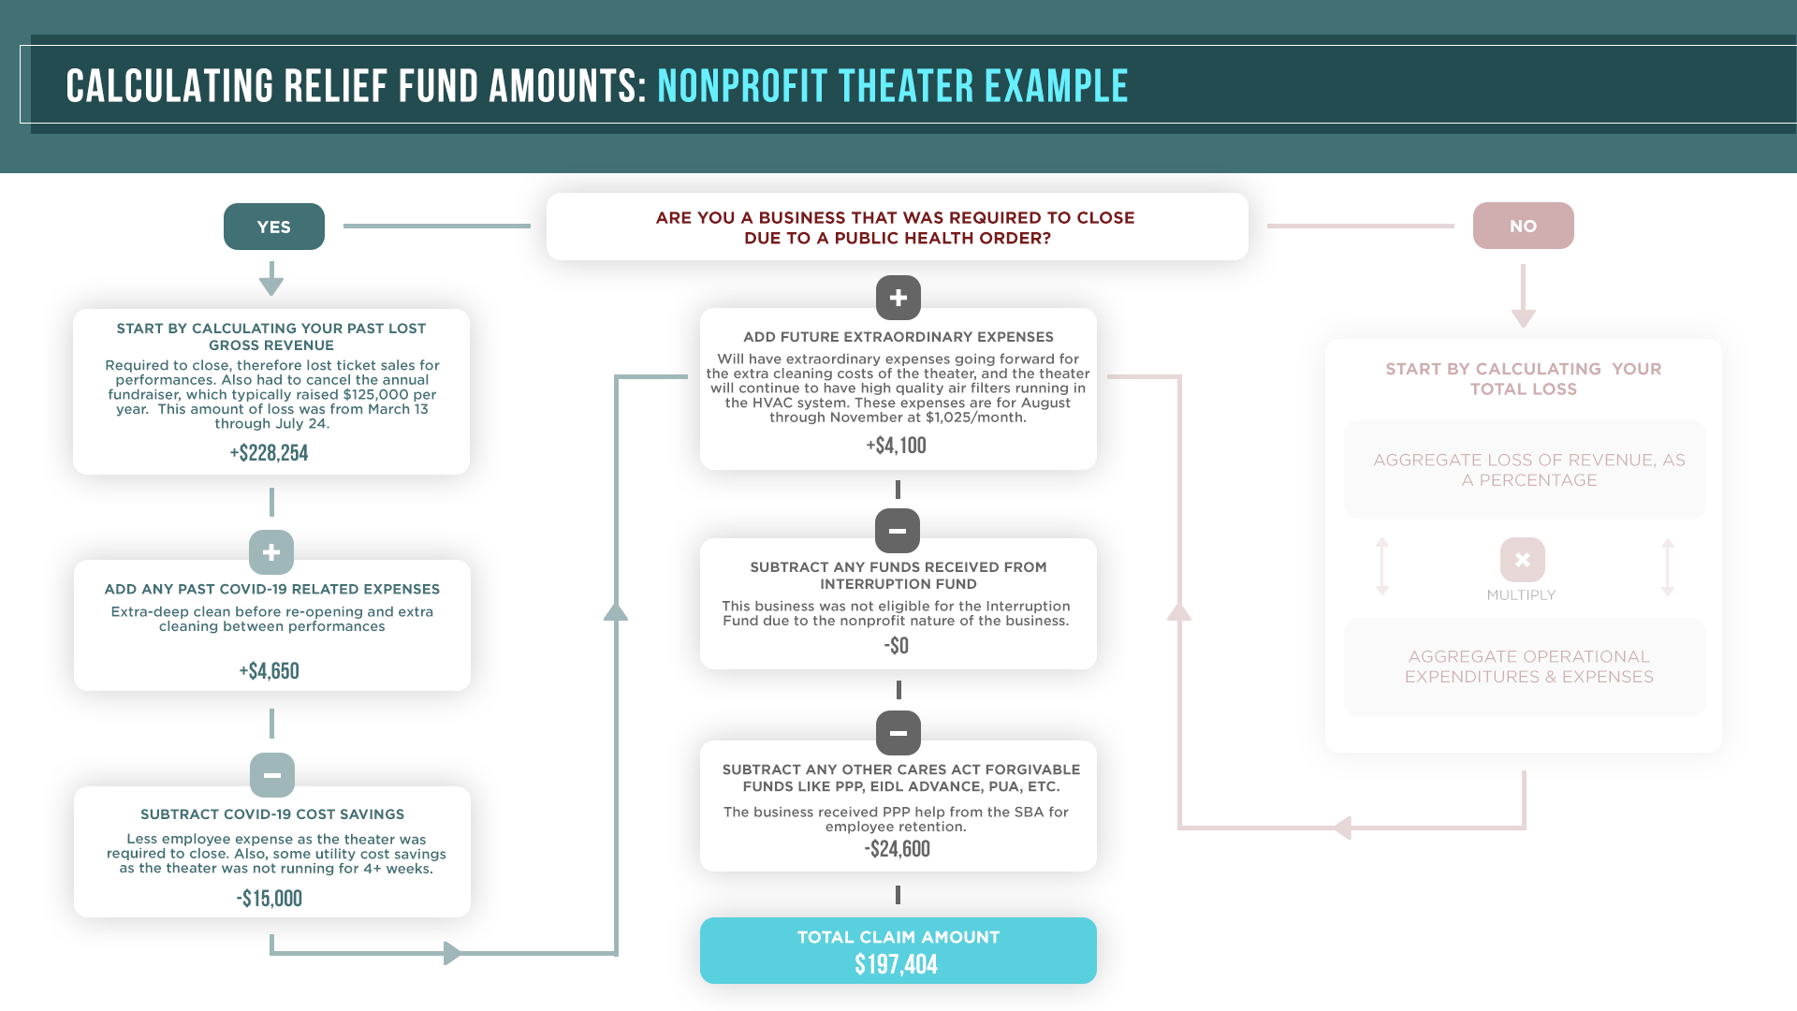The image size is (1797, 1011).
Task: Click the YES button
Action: click(273, 227)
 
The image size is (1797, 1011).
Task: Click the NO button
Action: click(1523, 226)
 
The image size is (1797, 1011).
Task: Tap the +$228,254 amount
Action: click(269, 453)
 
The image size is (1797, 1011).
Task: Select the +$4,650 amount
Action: click(269, 671)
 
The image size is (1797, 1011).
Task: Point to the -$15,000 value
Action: click(269, 899)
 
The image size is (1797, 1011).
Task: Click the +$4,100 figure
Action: click(896, 446)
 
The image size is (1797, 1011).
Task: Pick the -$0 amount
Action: click(896, 646)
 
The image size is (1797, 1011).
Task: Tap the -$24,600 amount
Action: click(897, 849)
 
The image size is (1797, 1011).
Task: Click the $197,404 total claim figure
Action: click(896, 964)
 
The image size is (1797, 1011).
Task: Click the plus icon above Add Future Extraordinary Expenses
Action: click(898, 298)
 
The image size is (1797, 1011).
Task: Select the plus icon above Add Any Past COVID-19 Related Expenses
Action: click(271, 552)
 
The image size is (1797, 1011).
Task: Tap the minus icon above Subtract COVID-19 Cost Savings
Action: click(272, 775)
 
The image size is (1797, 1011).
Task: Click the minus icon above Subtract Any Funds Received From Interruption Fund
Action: click(898, 531)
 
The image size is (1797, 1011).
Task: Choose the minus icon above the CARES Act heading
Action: click(898, 733)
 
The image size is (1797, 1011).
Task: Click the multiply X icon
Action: click(1522, 560)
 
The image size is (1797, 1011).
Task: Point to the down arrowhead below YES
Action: click(271, 285)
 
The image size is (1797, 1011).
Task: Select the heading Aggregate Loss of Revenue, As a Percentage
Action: click(1528, 470)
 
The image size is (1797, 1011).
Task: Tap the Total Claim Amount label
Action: click(898, 937)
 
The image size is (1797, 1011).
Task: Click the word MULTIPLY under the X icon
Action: click(1521, 595)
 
